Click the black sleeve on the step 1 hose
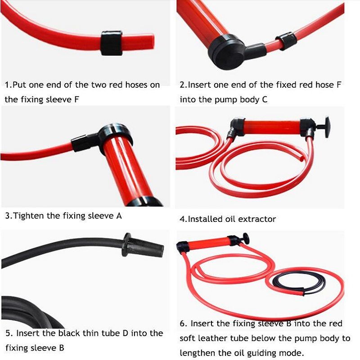111,43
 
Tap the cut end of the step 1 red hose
152,43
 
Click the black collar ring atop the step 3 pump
115,135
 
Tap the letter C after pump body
265,99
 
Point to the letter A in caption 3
119,216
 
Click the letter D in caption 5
126,333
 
